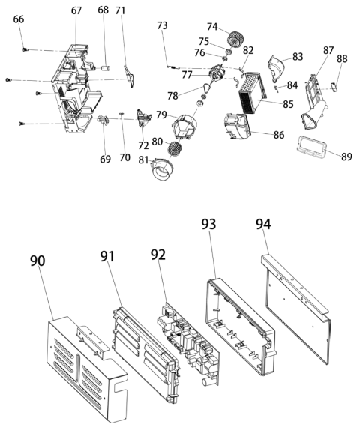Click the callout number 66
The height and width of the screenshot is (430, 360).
[x=19, y=19]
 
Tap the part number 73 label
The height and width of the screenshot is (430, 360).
[x=162, y=25]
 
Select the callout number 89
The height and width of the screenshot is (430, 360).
[x=346, y=157]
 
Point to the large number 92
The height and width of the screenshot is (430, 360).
[x=158, y=255]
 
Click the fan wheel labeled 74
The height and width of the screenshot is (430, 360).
[x=235, y=40]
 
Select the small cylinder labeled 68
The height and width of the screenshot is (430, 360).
[x=106, y=67]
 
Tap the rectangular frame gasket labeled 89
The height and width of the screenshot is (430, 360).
[x=312, y=146]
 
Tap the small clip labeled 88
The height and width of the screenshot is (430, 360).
[x=334, y=87]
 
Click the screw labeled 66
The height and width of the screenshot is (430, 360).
[x=25, y=49]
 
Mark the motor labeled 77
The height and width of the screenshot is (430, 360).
[x=218, y=73]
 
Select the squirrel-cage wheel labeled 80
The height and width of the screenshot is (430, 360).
[x=174, y=150]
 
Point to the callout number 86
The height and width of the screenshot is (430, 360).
[x=279, y=135]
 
